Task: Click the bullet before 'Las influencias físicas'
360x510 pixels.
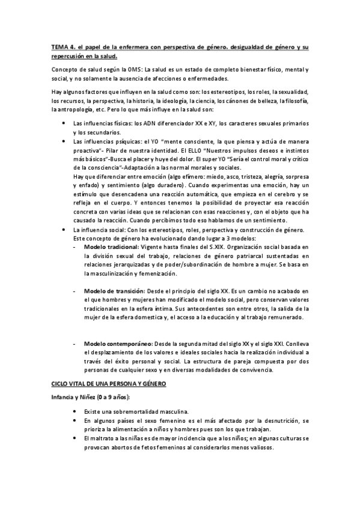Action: coord(65,123)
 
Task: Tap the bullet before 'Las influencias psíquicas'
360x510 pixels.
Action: coord(65,140)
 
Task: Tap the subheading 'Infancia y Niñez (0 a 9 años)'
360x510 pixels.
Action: coord(91,398)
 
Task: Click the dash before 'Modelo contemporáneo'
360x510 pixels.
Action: coord(74,343)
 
